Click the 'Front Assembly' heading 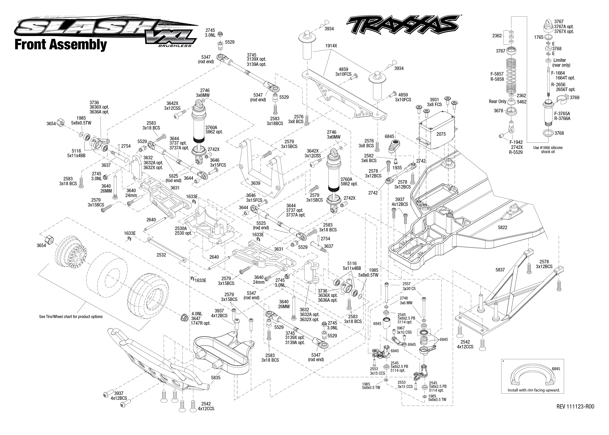point(61,44)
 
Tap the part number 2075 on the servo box point(441,134)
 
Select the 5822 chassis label point(502,227)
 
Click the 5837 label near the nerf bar point(500,270)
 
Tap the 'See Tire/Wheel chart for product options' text point(71,317)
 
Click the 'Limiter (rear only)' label point(561,63)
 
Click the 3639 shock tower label point(256,183)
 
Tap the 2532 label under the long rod point(161,255)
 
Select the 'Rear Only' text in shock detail point(497,101)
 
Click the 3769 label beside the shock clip point(574,97)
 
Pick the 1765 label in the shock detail point(539,37)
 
